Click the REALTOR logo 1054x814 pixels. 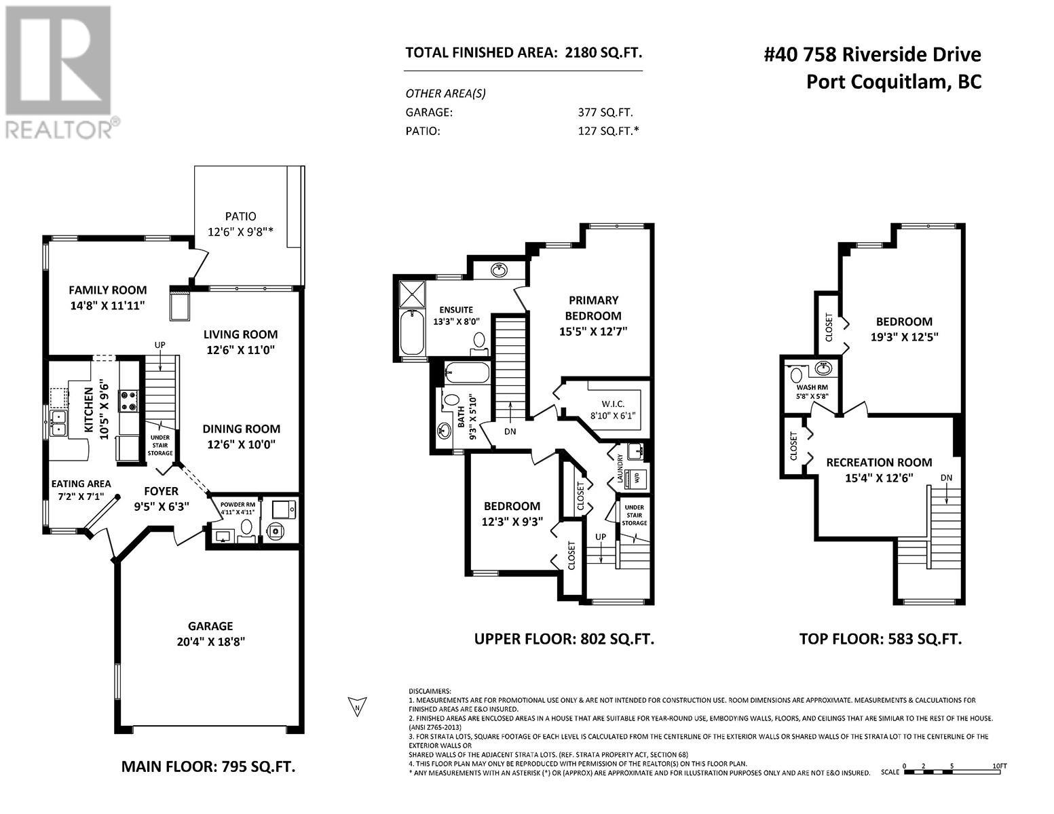(x=60, y=72)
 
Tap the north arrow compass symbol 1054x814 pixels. (x=357, y=707)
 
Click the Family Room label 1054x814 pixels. (x=108, y=290)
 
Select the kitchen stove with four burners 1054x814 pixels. (x=129, y=402)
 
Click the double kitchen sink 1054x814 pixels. (x=58, y=423)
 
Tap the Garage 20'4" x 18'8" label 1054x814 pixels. (x=210, y=634)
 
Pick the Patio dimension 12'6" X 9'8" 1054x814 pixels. (x=240, y=232)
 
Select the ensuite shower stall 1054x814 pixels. (x=412, y=294)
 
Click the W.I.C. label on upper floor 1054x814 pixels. (x=613, y=404)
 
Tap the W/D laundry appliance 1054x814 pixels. (x=637, y=478)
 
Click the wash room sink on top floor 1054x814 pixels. (x=824, y=368)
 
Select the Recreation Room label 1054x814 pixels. (x=879, y=463)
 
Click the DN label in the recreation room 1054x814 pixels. (x=946, y=478)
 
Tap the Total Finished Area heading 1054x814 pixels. (x=523, y=52)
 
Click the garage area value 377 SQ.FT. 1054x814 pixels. (x=605, y=113)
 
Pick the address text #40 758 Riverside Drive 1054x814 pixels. (x=872, y=54)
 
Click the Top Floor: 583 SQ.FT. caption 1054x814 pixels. (x=880, y=639)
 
